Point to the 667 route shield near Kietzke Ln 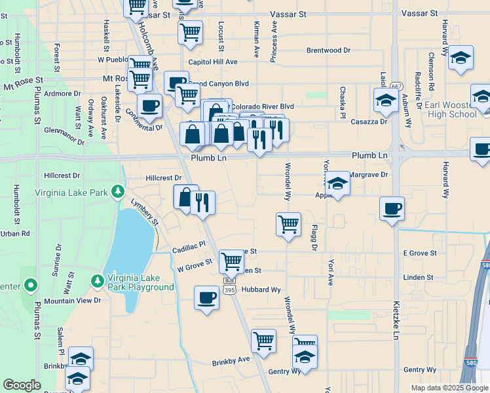pyautogui.click(x=397, y=86)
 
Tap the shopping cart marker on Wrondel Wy pyautogui.click(x=288, y=225)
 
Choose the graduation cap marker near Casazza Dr pyautogui.click(x=386, y=100)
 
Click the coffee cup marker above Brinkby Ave pyautogui.click(x=206, y=297)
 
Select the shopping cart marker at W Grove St pyautogui.click(x=231, y=261)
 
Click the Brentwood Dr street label pyautogui.click(x=328, y=50)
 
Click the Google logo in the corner pyautogui.click(x=22, y=385)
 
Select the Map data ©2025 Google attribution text pyautogui.click(x=449, y=388)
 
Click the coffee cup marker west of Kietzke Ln pyautogui.click(x=392, y=209)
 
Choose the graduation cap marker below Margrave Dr pyautogui.click(x=338, y=184)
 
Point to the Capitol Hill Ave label pyautogui.click(x=212, y=62)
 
